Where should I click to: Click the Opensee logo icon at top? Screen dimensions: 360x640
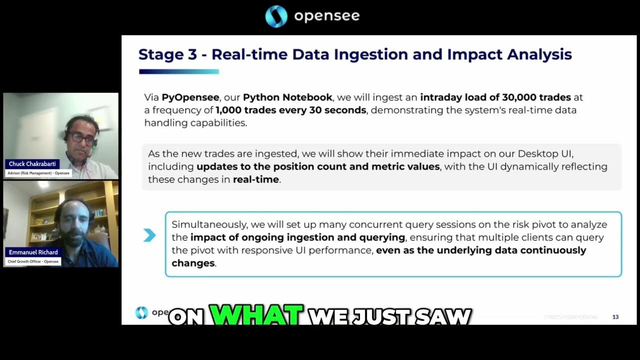tap(276, 16)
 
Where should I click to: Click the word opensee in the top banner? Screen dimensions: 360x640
tap(326, 16)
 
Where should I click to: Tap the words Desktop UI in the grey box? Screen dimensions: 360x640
tap(549, 153)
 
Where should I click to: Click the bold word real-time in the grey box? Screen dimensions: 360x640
tap(255, 179)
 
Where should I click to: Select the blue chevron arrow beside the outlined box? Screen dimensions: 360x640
tap(149, 235)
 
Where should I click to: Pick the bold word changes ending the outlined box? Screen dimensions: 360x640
tap(193, 263)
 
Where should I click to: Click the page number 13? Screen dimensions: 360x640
tap(615, 317)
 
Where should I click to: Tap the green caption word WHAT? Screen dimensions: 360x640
tap(256, 315)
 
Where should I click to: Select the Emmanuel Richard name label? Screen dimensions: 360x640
tap(33, 252)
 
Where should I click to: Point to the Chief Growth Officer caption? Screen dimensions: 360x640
tap(33, 261)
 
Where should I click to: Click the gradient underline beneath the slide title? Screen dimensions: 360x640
tap(178, 71)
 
